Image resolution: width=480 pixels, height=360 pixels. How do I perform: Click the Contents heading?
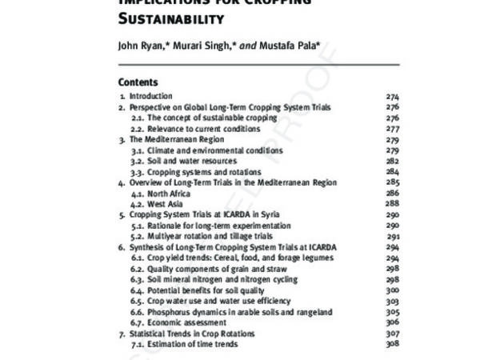tap(138, 82)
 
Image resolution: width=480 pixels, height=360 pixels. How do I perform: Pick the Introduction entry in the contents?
tap(151, 97)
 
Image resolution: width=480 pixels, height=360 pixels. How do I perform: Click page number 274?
tap(392, 97)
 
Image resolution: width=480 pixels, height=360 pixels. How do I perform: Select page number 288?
tap(392, 204)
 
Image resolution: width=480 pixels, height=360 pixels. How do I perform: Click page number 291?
tap(393, 236)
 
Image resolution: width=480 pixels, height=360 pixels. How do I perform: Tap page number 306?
tap(392, 322)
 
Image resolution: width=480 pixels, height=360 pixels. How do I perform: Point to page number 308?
tap(392, 344)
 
